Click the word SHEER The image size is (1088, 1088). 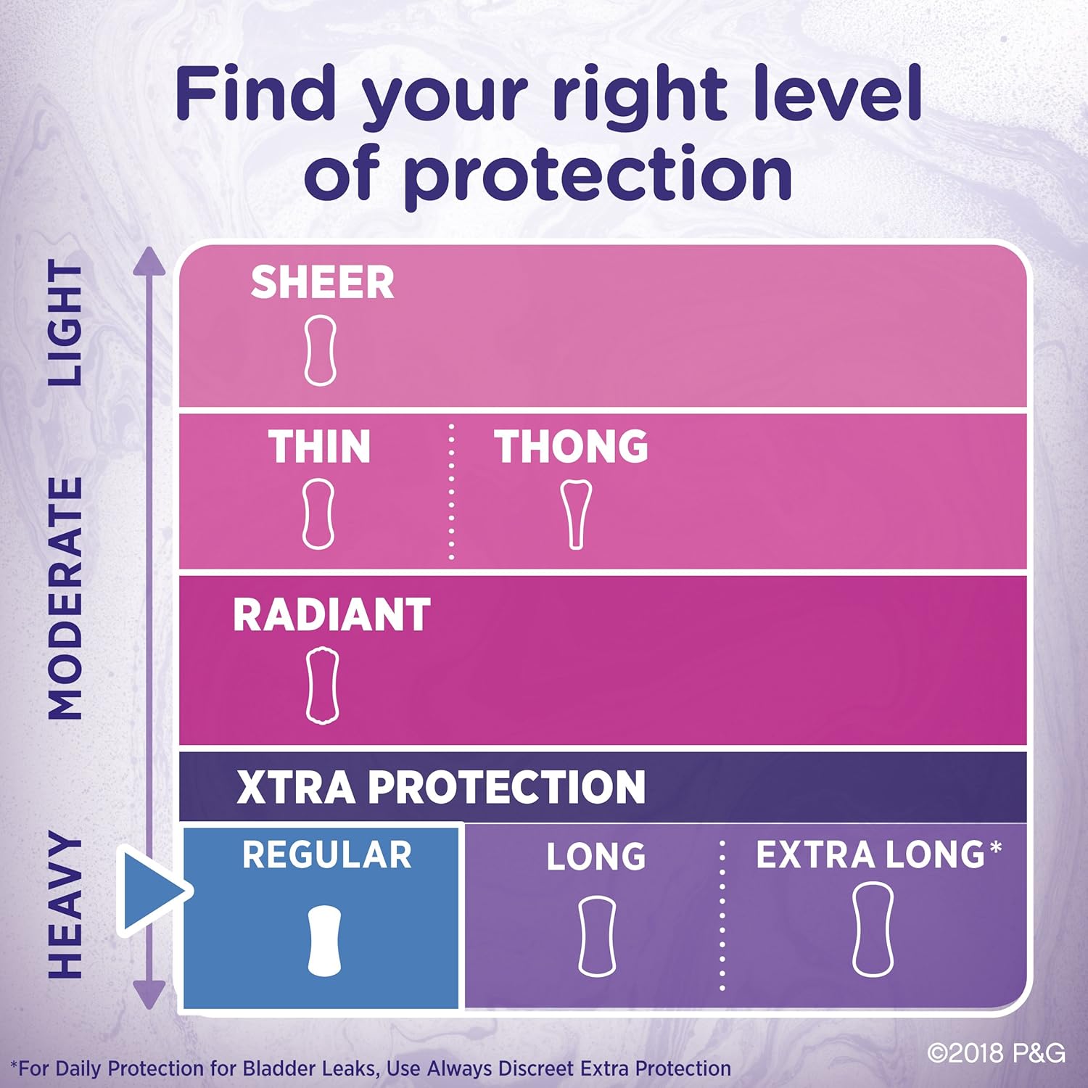(322, 282)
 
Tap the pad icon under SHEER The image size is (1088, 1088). (320, 350)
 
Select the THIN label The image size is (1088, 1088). (319, 446)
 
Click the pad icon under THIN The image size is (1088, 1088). (318, 514)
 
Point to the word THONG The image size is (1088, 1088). (572, 446)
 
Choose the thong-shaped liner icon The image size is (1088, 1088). (576, 514)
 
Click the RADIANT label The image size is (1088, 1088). (331, 615)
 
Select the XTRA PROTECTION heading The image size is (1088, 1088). (440, 787)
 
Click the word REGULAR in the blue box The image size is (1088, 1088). (326, 854)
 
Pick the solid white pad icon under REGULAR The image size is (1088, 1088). (323, 940)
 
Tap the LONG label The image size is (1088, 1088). (595, 857)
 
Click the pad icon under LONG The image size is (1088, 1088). (597, 936)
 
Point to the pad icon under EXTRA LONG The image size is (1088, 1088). (873, 930)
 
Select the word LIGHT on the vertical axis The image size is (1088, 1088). (65, 324)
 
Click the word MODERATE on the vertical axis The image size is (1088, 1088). (65, 598)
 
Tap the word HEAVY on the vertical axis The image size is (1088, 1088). (65, 906)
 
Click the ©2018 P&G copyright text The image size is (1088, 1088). (996, 1052)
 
